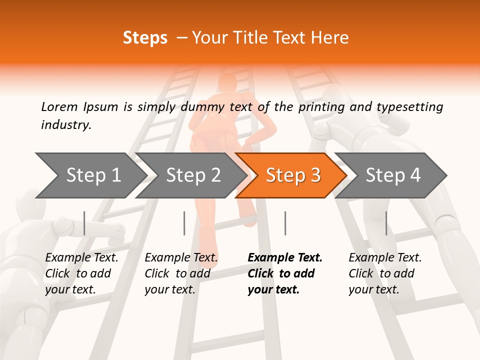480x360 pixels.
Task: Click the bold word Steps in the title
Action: tap(145, 38)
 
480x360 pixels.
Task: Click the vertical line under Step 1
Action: tap(84, 223)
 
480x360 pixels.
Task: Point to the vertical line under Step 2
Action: tap(184, 223)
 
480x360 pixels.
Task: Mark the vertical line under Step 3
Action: tap(285, 223)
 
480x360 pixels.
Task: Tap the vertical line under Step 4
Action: tap(386, 223)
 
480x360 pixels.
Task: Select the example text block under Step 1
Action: tap(81, 273)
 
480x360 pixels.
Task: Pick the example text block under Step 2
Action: tap(181, 273)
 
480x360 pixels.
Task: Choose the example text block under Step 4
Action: tap(385, 273)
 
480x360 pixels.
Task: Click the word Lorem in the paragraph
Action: tap(59, 107)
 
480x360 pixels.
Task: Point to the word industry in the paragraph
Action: tap(66, 125)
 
